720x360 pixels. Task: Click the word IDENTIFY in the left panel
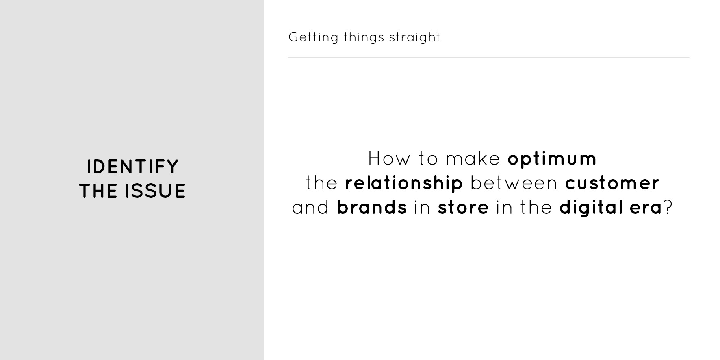point(133,167)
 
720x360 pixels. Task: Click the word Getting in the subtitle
point(313,37)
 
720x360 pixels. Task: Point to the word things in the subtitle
point(364,37)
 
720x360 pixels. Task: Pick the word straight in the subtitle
point(414,37)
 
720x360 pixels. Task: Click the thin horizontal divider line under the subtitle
point(488,58)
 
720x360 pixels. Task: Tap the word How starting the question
point(389,158)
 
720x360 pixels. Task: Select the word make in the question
point(473,158)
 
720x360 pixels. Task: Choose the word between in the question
point(514,183)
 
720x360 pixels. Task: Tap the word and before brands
point(310,208)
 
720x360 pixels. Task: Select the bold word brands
point(372,208)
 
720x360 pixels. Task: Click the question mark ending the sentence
point(668,207)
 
